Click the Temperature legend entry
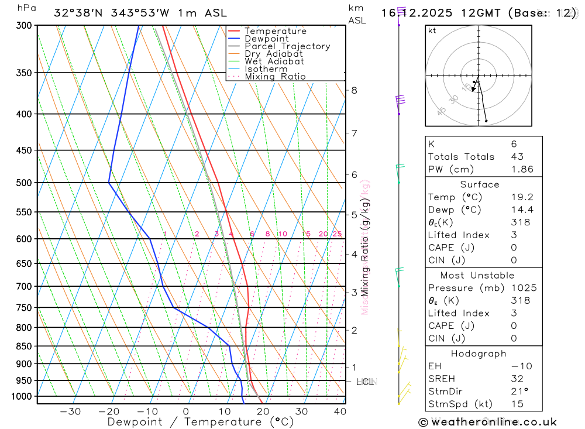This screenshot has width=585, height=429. tap(275, 31)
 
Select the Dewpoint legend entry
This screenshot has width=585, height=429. tap(266, 39)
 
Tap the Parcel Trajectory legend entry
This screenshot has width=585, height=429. tap(287, 46)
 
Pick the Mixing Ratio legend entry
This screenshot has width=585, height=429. tap(275, 77)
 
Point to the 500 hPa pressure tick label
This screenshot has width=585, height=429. tap(24, 183)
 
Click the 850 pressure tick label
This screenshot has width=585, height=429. tap(24, 346)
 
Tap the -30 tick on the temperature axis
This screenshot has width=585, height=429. tap(70, 411)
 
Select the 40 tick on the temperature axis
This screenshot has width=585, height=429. tap(340, 411)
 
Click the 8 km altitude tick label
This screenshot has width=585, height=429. tap(354, 90)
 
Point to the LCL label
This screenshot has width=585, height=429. tap(364, 382)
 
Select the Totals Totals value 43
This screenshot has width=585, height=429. tap(517, 156)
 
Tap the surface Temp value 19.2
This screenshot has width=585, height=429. tap(522, 197)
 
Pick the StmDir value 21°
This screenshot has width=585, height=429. tap(519, 392)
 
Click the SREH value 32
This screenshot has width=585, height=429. tap(517, 379)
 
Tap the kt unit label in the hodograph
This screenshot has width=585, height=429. tap(432, 30)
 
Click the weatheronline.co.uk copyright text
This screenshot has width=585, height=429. tap(487, 422)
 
